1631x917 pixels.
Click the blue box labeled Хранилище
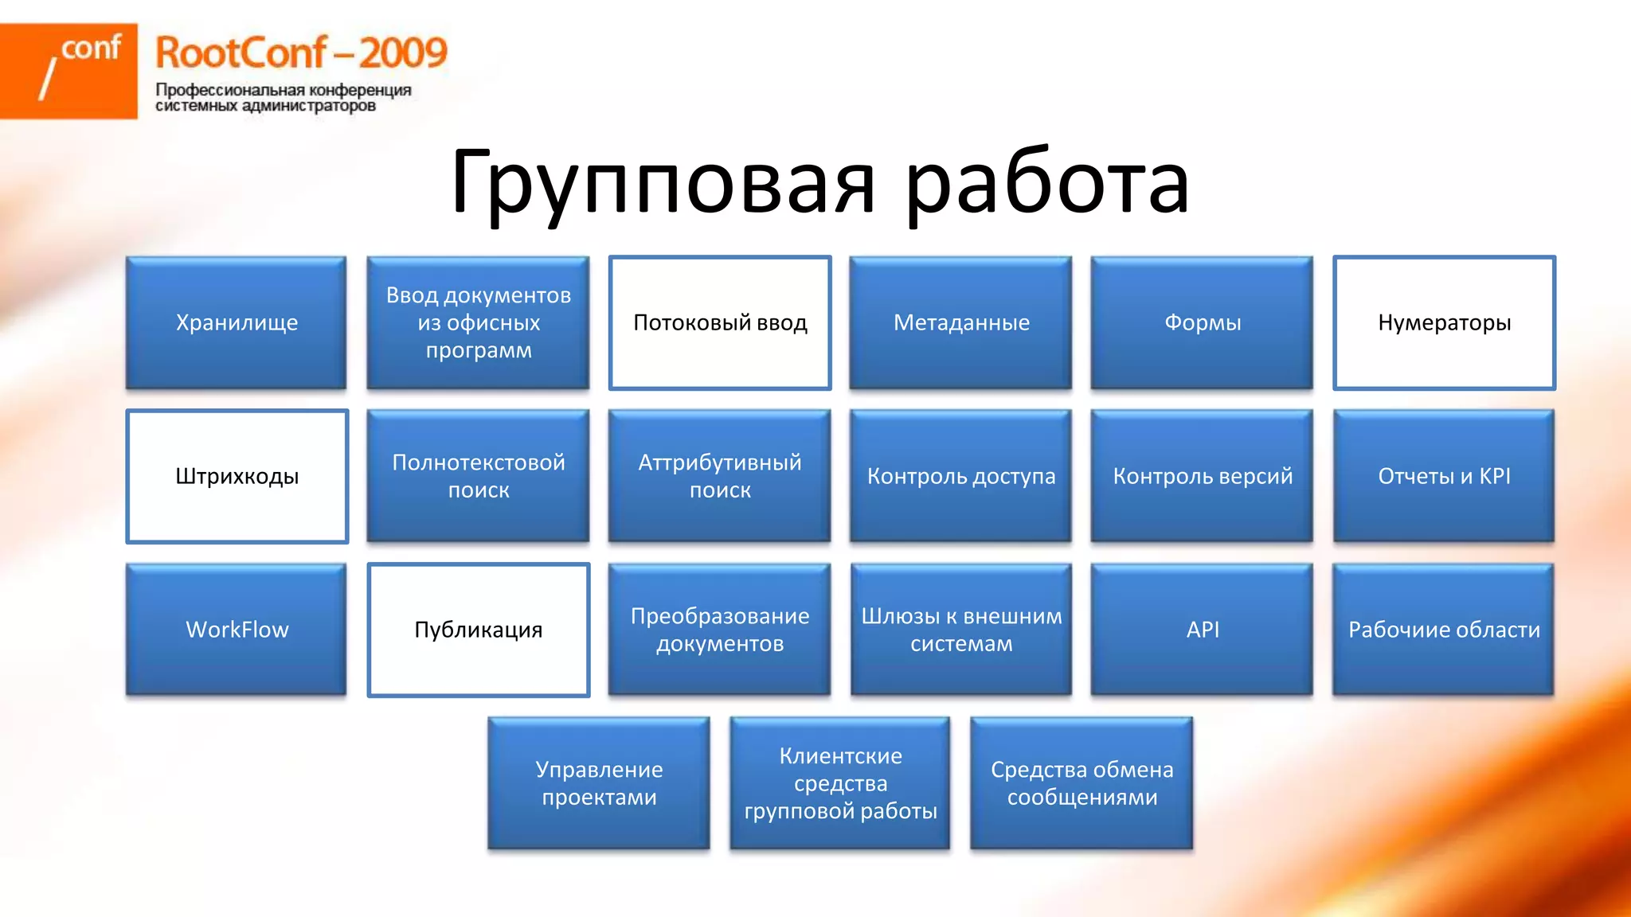pos(237,322)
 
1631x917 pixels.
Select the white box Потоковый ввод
pos(720,322)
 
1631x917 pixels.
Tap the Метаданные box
pos(961,322)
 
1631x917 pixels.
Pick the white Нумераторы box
pos(1444,322)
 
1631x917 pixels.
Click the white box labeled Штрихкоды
pos(237,476)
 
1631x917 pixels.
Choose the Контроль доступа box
pos(961,476)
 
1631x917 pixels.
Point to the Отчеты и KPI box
pos(1444,476)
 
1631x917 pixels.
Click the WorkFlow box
pos(237,630)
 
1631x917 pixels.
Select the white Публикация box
pos(478,630)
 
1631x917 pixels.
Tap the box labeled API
pos(1203,630)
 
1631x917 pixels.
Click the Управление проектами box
pos(599,783)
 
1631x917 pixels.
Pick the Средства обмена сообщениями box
pos(1081,783)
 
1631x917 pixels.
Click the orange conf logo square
pos(68,71)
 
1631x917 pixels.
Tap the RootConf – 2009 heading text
pos(301,53)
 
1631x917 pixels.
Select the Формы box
pos(1203,322)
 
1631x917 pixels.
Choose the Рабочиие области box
pos(1444,630)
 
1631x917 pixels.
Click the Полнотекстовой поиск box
pos(478,476)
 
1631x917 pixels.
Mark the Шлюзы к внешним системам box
pos(961,630)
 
